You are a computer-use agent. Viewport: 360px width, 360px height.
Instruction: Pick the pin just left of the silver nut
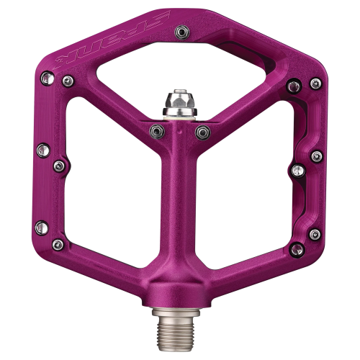coord(155,130)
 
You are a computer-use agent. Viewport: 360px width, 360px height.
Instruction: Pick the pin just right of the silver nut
coord(203,131)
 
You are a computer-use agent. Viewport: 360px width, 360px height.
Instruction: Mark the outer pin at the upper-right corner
coord(314,84)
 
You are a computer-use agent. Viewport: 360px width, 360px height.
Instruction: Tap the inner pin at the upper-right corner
coord(292,87)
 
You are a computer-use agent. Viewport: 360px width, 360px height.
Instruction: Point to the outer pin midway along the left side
coord(42,150)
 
